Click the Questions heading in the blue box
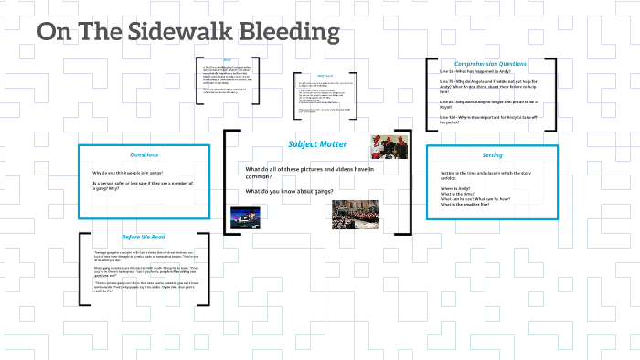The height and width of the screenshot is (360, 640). pyautogui.click(x=144, y=154)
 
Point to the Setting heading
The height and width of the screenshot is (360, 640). pyautogui.click(x=492, y=154)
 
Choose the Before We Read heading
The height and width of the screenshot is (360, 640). pyautogui.click(x=144, y=236)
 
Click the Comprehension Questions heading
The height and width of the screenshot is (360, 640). pyautogui.click(x=490, y=64)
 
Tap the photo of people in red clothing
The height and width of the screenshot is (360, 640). pyautogui.click(x=388, y=147)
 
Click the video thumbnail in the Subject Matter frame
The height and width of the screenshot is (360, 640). pyautogui.click(x=245, y=217)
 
